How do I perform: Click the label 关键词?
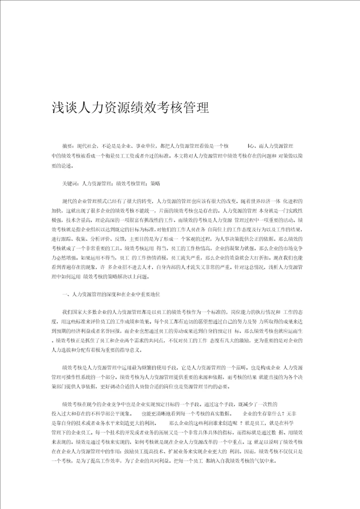pos(70,183)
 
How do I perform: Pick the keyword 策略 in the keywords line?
pos(155,183)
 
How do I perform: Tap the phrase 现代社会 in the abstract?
pos(87,145)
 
